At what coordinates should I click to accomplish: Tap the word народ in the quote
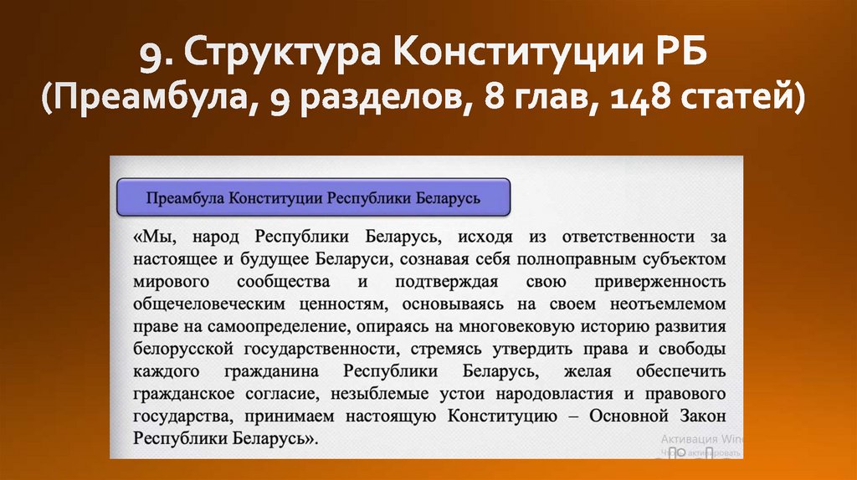tap(218, 237)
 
